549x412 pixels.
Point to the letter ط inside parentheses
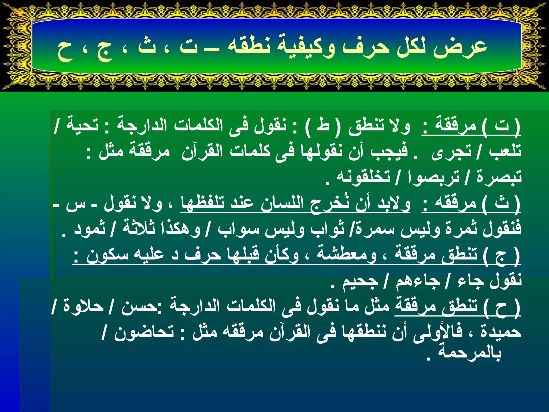point(323,125)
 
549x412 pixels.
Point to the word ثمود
point(90,229)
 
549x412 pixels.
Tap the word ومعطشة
point(347,254)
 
